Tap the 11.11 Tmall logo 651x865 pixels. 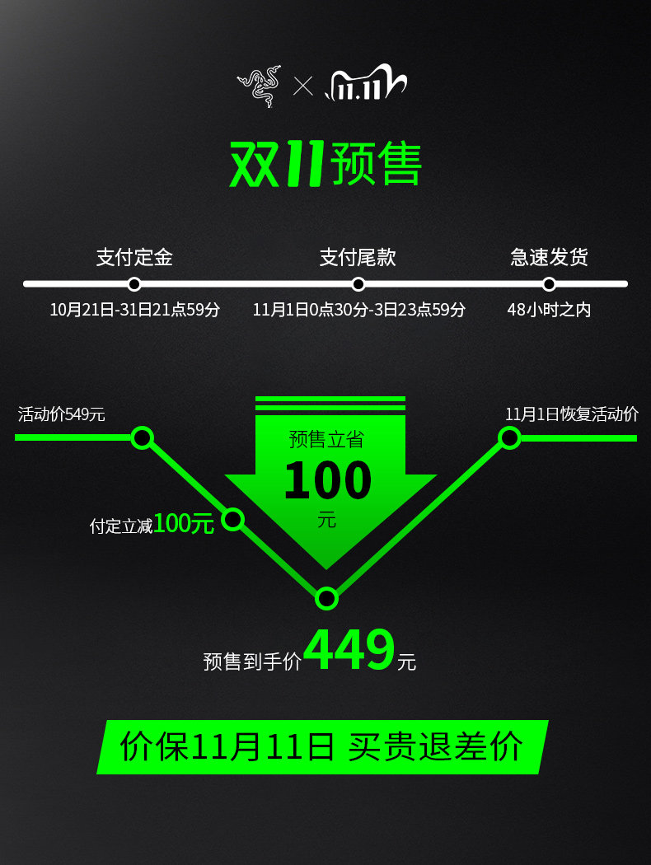pyautogui.click(x=366, y=85)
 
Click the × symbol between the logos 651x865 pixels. pyautogui.click(x=303, y=86)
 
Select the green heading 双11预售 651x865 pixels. pyautogui.click(x=325, y=164)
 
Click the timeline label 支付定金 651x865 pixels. pyautogui.click(x=134, y=257)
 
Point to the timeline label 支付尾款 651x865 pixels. pyautogui.click(x=358, y=257)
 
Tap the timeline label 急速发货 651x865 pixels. pyautogui.click(x=549, y=257)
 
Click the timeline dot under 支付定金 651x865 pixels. pyautogui.click(x=134, y=284)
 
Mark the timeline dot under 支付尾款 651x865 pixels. pyautogui.click(x=358, y=284)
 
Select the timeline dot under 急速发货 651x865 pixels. pyautogui.click(x=549, y=284)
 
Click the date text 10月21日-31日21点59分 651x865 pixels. pyautogui.click(x=135, y=310)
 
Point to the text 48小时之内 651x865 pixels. pyautogui.click(x=549, y=310)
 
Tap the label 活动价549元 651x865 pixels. pyautogui.click(x=62, y=414)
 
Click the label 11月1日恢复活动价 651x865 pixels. pyautogui.click(x=572, y=414)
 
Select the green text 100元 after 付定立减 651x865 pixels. pyautogui.click(x=184, y=523)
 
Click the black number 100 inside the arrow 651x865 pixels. pyautogui.click(x=327, y=481)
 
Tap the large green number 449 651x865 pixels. pyautogui.click(x=349, y=651)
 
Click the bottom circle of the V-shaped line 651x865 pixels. pyautogui.click(x=327, y=598)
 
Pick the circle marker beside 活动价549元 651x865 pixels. pyautogui.click(x=143, y=437)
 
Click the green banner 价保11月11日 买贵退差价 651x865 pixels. pyautogui.click(x=322, y=746)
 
